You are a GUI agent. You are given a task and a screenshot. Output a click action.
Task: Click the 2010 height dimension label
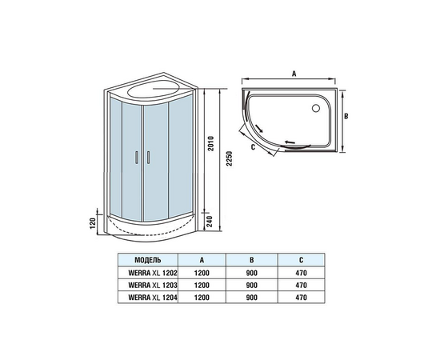[211, 144]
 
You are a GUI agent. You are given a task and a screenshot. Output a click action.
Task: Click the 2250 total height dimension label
[230, 159]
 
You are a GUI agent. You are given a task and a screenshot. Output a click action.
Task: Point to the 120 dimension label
[93, 223]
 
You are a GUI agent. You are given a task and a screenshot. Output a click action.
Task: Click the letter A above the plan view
[294, 74]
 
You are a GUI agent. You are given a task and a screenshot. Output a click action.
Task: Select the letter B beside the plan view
[346, 116]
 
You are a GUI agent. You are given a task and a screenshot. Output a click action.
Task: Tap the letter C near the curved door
[253, 146]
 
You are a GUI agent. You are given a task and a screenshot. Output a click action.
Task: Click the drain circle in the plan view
[316, 108]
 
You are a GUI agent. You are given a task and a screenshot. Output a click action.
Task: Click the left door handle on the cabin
[137, 157]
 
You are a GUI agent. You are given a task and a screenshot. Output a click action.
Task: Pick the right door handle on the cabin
[148, 157]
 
